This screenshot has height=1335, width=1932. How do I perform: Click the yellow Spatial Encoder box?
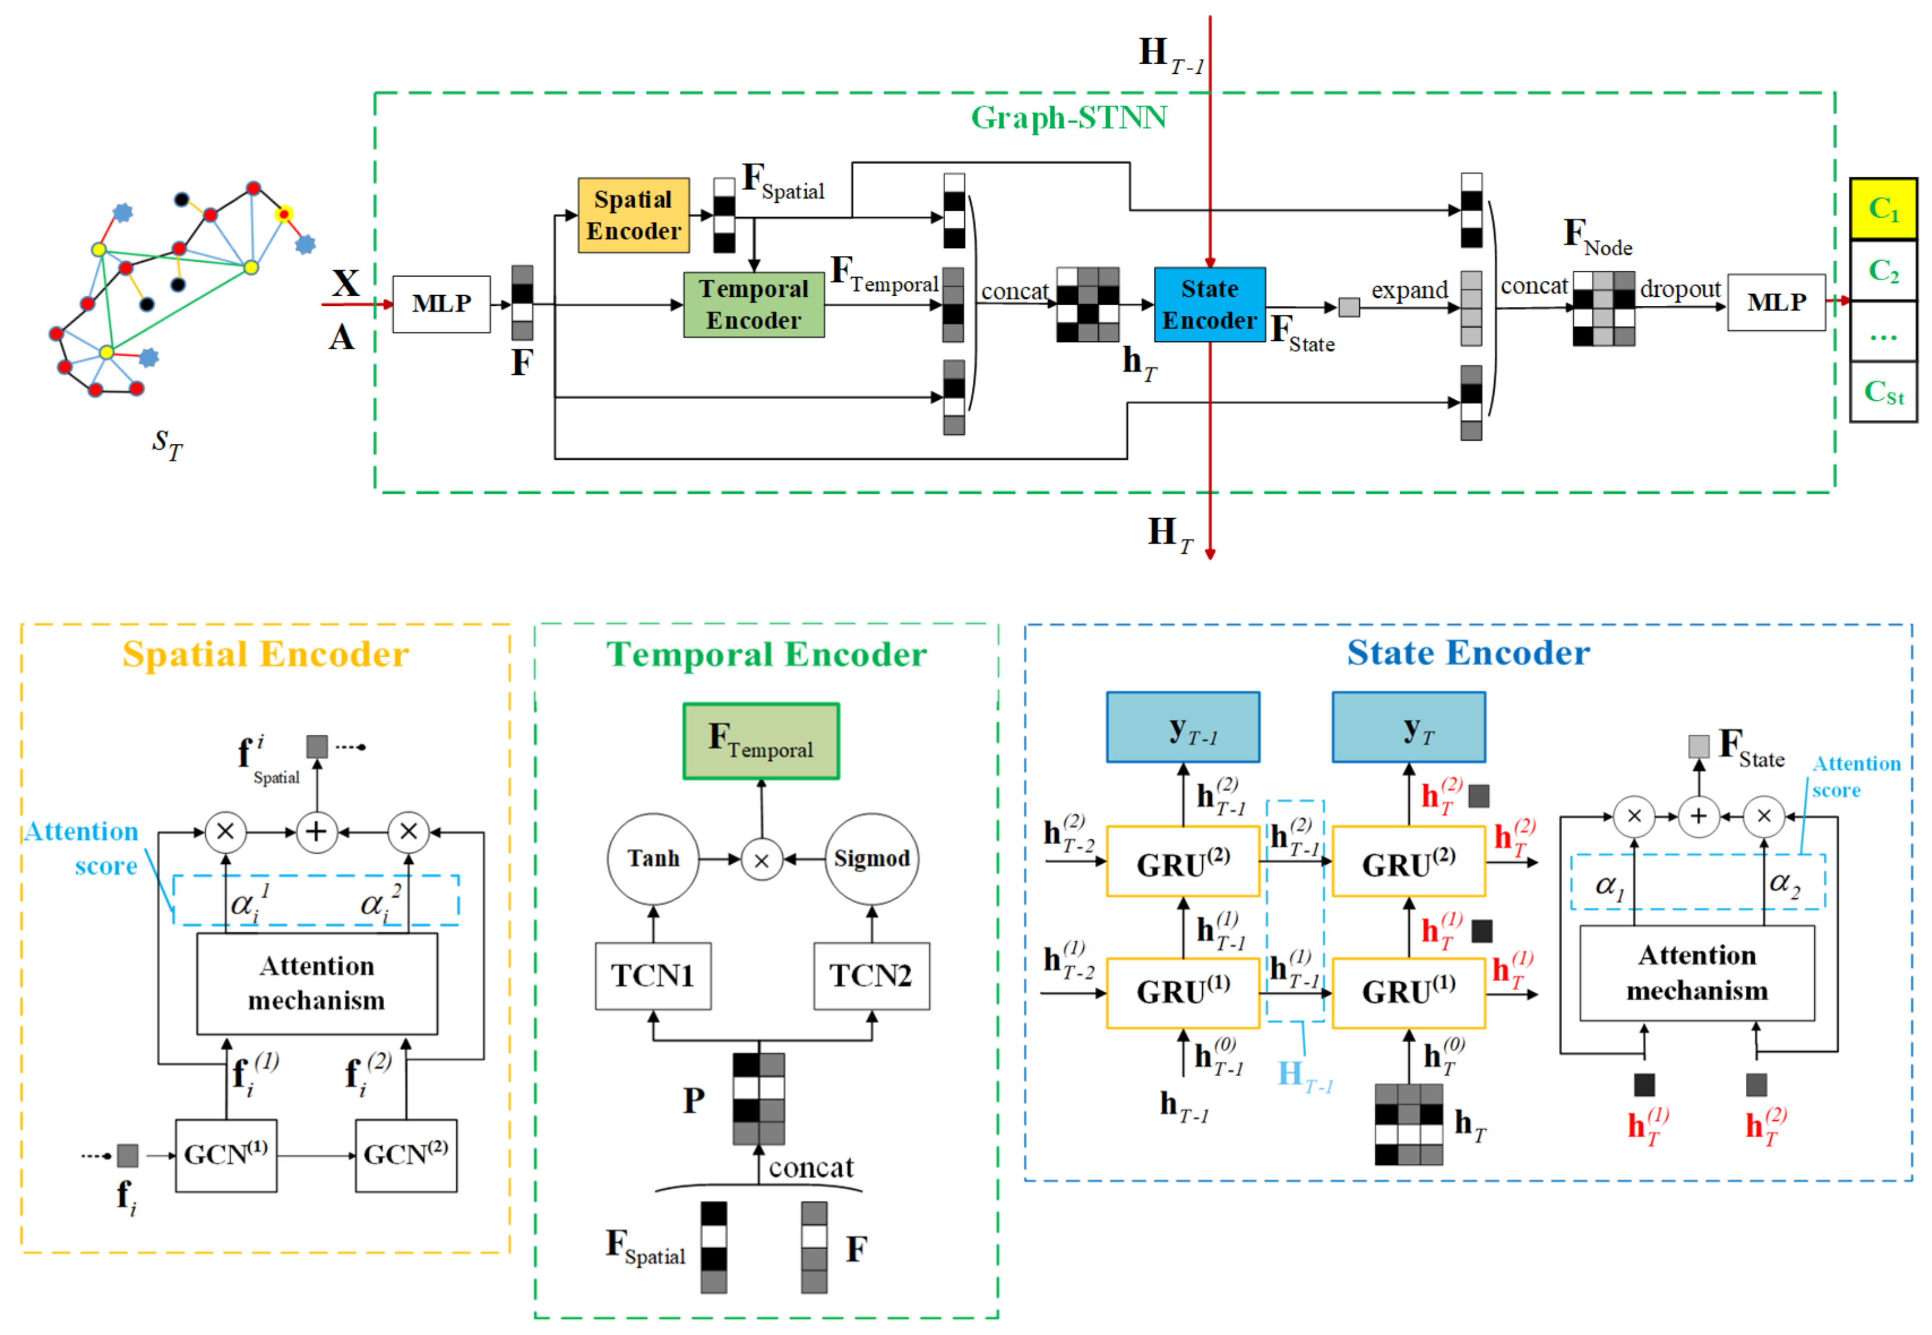pos(633,215)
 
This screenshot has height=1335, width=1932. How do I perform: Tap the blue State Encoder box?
pos(1209,305)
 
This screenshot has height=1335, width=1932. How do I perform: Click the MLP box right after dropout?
pos(1776,302)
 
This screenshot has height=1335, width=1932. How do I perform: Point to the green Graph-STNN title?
pos(1068,118)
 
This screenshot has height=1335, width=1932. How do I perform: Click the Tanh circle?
pos(653,858)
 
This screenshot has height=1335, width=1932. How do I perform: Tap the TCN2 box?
pos(871,975)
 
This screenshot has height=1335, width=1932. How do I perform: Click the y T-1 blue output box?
pos(1182,727)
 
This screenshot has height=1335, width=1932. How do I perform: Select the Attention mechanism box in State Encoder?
pos(1695,972)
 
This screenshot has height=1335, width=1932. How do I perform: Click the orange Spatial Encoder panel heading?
pos(265,654)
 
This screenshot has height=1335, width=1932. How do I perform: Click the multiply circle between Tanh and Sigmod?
pos(761,860)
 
